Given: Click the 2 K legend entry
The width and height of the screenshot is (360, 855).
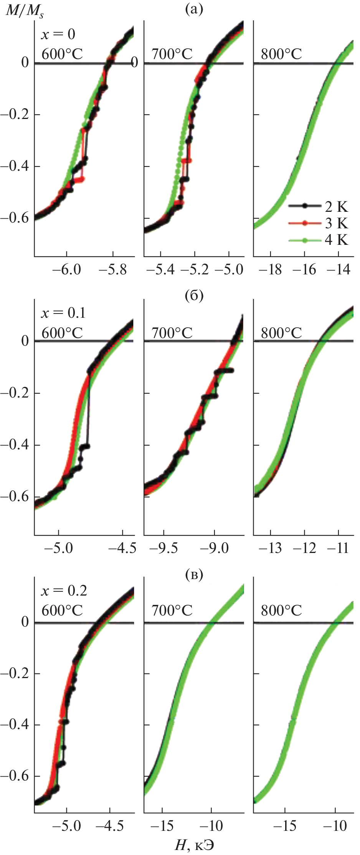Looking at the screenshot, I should point(336,206).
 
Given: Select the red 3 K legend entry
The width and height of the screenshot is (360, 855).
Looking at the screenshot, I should point(336,223).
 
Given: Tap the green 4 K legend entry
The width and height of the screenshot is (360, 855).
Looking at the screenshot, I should point(336,240).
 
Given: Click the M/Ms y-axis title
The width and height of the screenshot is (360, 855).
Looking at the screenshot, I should point(24,11).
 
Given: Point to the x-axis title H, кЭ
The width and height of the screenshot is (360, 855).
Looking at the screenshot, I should point(194,844).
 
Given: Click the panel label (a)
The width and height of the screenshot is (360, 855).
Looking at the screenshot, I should point(194,8).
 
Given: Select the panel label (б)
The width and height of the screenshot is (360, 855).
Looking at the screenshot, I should point(194,296).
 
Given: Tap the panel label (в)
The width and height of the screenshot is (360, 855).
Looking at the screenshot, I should point(194,574).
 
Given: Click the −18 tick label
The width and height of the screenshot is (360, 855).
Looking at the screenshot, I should point(271,270).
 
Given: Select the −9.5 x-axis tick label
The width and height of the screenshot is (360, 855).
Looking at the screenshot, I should point(163,548).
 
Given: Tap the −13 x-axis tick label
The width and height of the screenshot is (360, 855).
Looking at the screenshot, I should point(271,548).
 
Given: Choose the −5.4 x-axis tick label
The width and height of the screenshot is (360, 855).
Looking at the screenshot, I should point(160,270).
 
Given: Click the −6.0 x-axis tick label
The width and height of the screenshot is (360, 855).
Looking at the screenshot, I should point(66,270).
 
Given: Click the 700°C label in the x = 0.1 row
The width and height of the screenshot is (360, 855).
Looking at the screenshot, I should point(172,333).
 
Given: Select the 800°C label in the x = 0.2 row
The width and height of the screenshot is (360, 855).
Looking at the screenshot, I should point(281,611).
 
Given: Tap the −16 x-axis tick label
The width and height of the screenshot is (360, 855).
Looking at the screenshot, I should point(304,270).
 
